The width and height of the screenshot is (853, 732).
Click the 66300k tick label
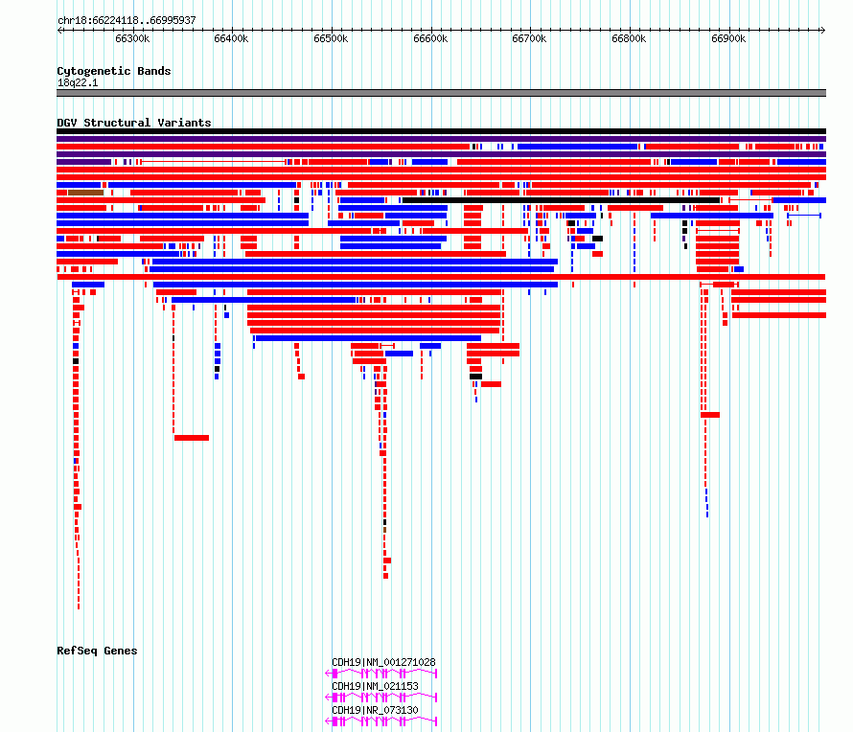point(132,38)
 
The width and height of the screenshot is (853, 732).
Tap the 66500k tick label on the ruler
point(331,38)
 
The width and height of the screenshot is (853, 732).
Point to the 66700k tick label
point(529,38)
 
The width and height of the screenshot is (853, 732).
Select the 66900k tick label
point(728,38)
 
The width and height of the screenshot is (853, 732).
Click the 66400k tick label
point(231,38)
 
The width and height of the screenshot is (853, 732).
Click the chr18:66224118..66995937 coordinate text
point(127,20)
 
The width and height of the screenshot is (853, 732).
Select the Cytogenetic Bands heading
point(114,71)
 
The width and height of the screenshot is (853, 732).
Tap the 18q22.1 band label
point(78,82)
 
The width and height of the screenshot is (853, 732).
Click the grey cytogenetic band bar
point(441,93)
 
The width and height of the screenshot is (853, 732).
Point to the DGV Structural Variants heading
point(134,123)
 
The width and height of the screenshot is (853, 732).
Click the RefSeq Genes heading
point(97,651)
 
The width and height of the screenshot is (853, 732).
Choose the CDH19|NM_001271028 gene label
point(383,662)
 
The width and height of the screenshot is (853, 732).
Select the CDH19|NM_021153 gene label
point(375,686)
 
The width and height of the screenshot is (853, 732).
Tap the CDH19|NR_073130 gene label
point(375,710)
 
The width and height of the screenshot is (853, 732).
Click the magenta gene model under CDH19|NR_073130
point(380,721)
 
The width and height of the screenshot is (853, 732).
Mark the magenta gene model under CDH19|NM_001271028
point(380,674)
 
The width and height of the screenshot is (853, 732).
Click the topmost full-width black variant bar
point(441,131)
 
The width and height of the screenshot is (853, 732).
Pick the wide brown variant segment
point(85,193)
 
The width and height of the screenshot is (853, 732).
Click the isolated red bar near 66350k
point(192,438)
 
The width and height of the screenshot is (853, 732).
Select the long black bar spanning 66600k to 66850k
point(561,200)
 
